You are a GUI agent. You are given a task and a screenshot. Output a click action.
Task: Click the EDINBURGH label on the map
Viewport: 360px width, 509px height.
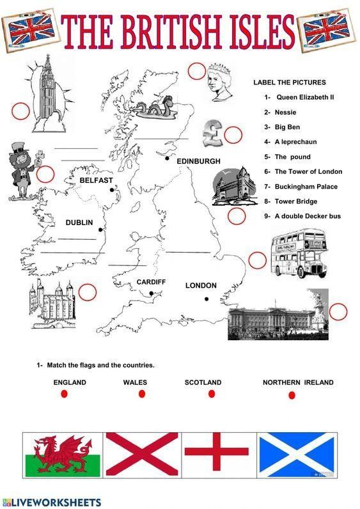click(198, 161)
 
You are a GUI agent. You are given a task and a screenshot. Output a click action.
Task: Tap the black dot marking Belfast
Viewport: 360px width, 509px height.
click(112, 190)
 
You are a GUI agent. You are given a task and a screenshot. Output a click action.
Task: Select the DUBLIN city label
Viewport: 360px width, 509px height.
click(79, 223)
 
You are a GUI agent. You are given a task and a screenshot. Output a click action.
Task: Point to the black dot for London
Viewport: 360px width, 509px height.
click(207, 299)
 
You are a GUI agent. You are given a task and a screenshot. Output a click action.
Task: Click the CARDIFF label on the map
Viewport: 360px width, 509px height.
click(151, 282)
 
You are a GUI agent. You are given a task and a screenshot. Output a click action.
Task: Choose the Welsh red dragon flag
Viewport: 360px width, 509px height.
click(63, 455)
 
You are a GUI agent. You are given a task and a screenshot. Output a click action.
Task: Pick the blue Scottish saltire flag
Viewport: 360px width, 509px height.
click(297, 455)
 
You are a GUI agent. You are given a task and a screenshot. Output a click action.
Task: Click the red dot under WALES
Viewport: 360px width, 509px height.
click(142, 394)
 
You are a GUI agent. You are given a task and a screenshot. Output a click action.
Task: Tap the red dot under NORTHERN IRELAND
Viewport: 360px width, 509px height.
click(292, 395)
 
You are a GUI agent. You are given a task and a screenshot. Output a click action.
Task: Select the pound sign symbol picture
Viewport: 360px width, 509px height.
click(212, 133)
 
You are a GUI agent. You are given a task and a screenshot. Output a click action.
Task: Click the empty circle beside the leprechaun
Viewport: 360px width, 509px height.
click(45, 175)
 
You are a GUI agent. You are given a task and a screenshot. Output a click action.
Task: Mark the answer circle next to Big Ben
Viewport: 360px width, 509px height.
click(20, 111)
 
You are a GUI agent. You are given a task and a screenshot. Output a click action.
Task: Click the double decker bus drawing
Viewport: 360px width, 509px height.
click(299, 253)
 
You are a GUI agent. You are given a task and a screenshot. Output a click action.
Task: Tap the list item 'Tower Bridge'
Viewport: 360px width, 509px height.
click(296, 201)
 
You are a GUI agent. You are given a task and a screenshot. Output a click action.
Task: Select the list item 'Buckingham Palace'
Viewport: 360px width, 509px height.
click(306, 187)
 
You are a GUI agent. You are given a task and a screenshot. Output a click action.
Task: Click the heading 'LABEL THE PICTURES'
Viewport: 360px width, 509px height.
click(290, 82)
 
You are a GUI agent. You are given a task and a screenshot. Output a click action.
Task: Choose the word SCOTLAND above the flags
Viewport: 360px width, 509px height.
click(203, 382)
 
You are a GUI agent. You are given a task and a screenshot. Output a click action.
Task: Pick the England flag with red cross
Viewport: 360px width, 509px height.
click(217, 455)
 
